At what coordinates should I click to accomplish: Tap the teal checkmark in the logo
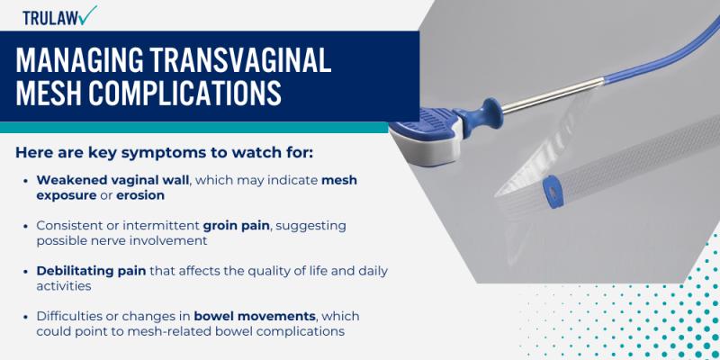click(87, 13)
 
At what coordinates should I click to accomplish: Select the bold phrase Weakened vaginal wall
click(112, 180)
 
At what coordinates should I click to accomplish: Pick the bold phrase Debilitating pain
click(86, 270)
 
